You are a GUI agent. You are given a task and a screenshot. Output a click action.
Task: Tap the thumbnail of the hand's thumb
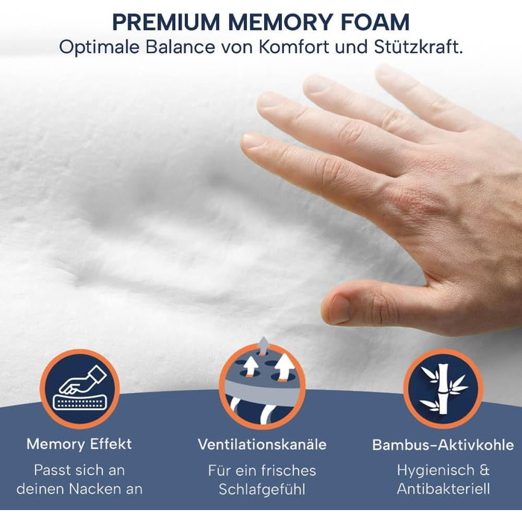click(x=339, y=308)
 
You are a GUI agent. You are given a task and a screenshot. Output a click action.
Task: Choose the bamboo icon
click(x=443, y=389)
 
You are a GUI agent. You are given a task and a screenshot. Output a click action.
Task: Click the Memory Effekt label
click(x=79, y=444)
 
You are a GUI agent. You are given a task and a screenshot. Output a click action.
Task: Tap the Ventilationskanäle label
click(x=262, y=445)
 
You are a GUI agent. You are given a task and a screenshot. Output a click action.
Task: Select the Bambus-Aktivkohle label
click(x=443, y=445)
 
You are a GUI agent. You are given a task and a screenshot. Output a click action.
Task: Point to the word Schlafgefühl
click(x=262, y=489)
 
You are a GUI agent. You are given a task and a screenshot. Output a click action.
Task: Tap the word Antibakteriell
click(x=443, y=489)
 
